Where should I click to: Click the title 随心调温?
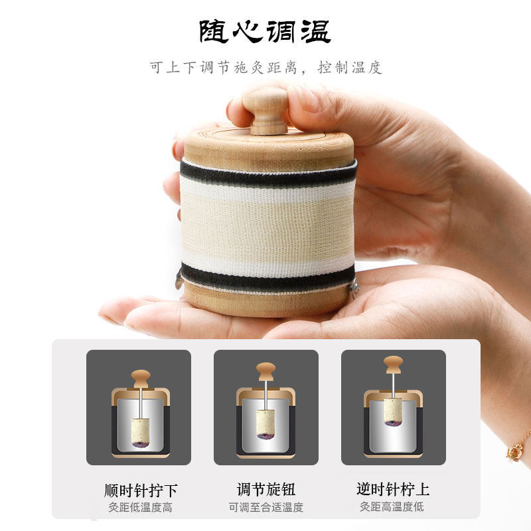(x=265, y=31)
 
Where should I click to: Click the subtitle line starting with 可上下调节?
(x=265, y=68)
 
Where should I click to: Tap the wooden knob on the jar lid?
(x=265, y=110)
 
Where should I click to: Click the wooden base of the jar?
(x=265, y=302)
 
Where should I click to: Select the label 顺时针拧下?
(x=141, y=491)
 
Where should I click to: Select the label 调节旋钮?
(x=265, y=490)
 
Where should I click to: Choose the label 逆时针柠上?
(x=392, y=490)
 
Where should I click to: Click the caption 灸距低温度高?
(x=141, y=507)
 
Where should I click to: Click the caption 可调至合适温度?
(x=265, y=507)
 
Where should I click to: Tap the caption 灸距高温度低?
(x=392, y=507)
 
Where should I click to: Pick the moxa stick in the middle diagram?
(x=265, y=423)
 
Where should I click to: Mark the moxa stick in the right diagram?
(x=393, y=412)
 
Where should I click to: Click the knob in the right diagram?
(x=393, y=364)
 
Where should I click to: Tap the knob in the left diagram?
(x=139, y=378)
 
